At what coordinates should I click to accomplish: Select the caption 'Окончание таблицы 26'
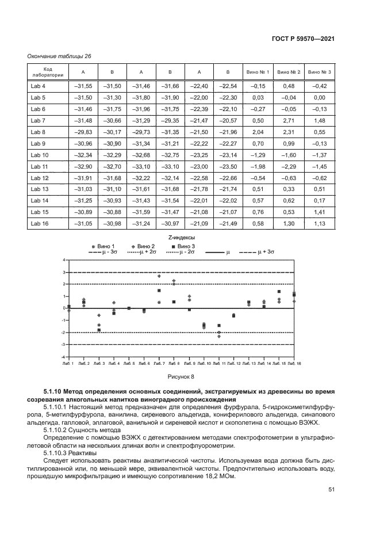pyautogui.click(x=59, y=56)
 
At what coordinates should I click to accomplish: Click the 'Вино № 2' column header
pyautogui.click(x=289, y=72)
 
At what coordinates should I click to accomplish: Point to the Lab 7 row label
pyautogui.click(x=37, y=120)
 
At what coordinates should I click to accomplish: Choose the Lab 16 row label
pyautogui.click(x=39, y=224)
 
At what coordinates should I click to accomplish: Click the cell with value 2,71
pyautogui.click(x=289, y=120)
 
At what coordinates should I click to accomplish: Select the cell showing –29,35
pyautogui.click(x=170, y=120)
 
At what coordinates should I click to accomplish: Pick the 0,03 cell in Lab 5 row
pyautogui.click(x=258, y=97)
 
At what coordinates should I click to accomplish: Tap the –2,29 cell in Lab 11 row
pyautogui.click(x=289, y=166)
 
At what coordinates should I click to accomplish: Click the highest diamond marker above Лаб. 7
pyautogui.click(x=159, y=276)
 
